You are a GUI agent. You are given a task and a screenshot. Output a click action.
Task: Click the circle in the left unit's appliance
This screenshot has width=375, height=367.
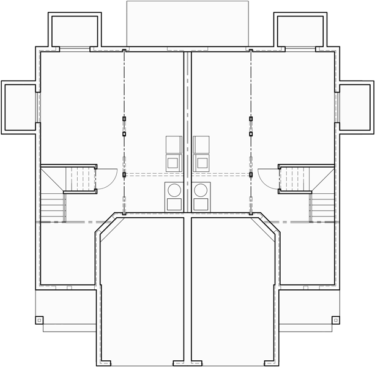[x=174, y=190]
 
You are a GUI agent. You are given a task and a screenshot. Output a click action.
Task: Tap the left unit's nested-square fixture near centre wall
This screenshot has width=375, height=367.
[x=174, y=163]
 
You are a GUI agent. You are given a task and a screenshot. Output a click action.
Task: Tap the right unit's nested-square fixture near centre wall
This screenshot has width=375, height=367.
[x=201, y=163]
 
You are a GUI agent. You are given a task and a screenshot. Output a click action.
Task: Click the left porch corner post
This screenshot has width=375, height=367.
[x=39, y=319]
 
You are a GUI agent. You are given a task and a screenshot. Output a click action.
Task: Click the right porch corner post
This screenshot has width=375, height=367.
[x=335, y=319]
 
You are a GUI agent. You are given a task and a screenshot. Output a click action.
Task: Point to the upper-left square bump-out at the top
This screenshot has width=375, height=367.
[x=75, y=31]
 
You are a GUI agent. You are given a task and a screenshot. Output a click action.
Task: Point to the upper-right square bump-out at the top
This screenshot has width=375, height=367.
[x=300, y=31]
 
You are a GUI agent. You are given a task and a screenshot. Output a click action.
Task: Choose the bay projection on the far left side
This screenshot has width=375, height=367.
[x=20, y=107]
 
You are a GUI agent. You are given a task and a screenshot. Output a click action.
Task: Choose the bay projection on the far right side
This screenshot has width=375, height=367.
[x=355, y=107]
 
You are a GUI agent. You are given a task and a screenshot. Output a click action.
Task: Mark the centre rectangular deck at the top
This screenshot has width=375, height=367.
[x=187, y=23]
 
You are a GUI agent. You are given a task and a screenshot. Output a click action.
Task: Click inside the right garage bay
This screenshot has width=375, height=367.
[x=232, y=287]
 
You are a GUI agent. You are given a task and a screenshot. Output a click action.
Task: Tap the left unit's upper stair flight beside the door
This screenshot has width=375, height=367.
[x=81, y=179]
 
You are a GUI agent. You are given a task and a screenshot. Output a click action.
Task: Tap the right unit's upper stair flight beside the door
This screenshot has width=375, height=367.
[x=294, y=179]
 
